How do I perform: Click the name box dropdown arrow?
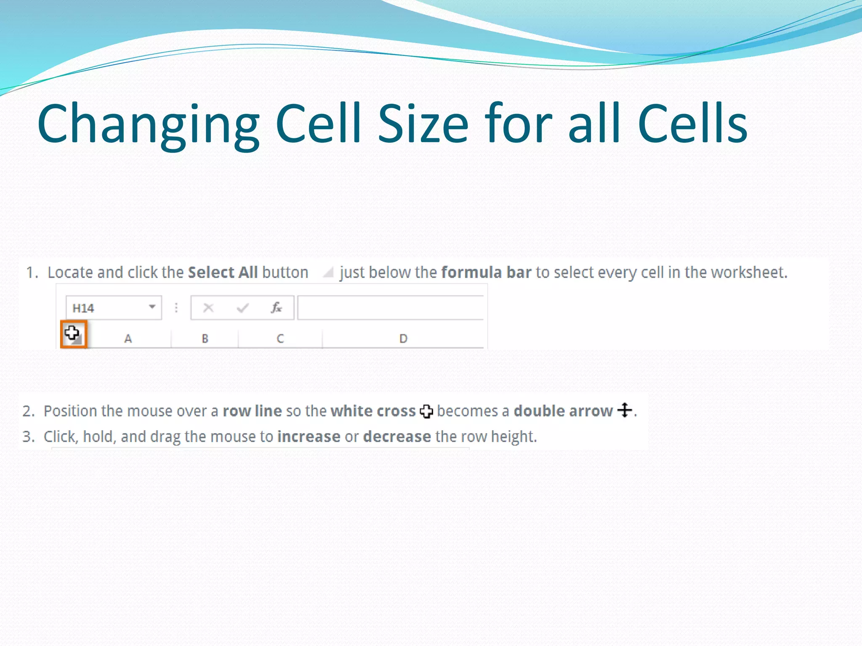pos(152,307)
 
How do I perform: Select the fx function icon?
pos(276,308)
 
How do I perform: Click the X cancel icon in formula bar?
pos(208,308)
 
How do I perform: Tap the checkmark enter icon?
pos(242,308)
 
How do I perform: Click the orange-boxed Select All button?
pos(74,334)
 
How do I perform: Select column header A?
pos(128,339)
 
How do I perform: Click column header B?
pos(205,339)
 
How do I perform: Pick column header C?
pos(280,339)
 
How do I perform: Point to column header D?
pos(403,339)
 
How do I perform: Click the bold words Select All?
pos(223,273)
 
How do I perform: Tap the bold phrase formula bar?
pos(486,273)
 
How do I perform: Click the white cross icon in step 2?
pos(426,411)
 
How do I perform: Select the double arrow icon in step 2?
pos(625,410)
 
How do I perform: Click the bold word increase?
pos(309,437)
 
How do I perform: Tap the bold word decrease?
pos(397,437)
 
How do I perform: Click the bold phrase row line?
pos(252,411)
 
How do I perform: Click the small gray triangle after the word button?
pos(328,273)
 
